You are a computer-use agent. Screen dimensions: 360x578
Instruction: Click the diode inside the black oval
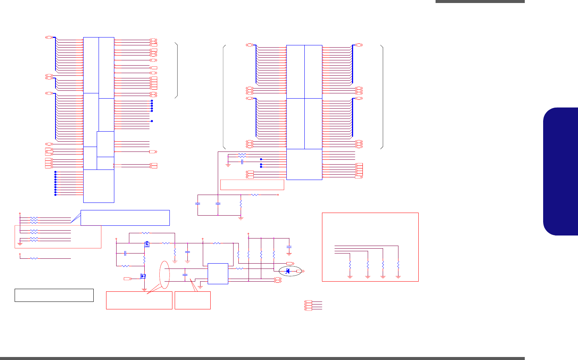[288, 271]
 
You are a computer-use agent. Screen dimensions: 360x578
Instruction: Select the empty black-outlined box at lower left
[54, 295]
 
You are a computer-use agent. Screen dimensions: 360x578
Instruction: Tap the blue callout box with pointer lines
[125, 218]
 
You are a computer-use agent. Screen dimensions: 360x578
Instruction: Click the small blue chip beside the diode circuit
[218, 273]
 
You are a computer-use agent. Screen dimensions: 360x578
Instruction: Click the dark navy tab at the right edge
[561, 171]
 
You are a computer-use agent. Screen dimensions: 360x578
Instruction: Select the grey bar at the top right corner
[480, 1]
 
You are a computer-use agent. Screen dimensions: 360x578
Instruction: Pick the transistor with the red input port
[143, 276]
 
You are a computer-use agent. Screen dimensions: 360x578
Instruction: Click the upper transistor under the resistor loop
[147, 244]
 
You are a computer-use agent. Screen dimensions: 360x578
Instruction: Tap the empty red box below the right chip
[252, 185]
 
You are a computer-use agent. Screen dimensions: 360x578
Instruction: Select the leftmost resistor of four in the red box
[350, 264]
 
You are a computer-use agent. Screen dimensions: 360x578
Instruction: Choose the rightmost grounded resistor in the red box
[398, 264]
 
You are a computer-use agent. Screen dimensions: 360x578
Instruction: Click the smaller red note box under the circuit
[192, 300]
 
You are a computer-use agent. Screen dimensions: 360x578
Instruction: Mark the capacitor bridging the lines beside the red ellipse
[184, 275]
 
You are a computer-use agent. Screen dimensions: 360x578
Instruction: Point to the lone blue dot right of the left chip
[152, 121]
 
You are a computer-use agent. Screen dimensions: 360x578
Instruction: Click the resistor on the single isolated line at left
[34, 258]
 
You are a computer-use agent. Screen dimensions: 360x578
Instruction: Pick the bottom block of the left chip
[99, 186]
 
